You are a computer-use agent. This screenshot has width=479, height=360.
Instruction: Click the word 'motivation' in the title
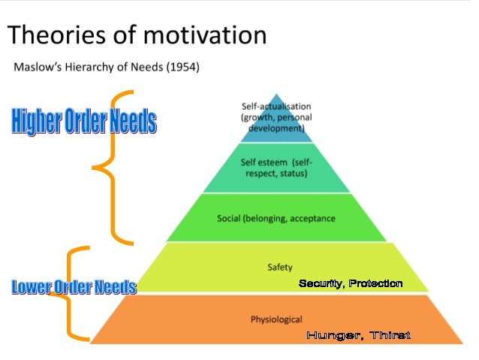(x=197, y=35)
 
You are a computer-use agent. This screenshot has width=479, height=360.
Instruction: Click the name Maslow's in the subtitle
(x=40, y=68)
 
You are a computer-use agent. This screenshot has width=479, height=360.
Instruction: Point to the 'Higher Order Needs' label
(x=83, y=123)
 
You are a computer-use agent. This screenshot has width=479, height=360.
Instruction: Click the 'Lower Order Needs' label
(x=73, y=286)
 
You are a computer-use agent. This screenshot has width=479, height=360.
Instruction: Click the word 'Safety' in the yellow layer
(x=279, y=266)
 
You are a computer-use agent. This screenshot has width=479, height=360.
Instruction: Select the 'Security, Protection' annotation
(x=351, y=283)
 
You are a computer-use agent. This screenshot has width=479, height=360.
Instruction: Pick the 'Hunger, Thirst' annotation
(x=358, y=335)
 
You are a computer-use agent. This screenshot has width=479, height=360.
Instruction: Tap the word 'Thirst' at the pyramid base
(x=390, y=335)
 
